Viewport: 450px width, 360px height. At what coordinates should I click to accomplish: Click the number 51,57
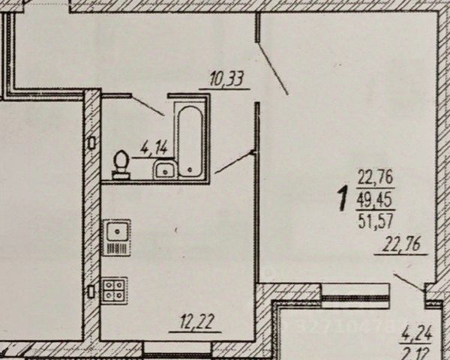(x=376, y=219)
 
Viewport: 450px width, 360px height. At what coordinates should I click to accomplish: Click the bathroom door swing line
(x=150, y=105)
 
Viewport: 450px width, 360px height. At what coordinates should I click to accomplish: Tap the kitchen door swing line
(x=234, y=163)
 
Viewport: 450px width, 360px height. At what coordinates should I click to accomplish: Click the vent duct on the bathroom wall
(x=91, y=142)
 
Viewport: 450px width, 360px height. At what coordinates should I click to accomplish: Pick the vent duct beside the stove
(x=91, y=290)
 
